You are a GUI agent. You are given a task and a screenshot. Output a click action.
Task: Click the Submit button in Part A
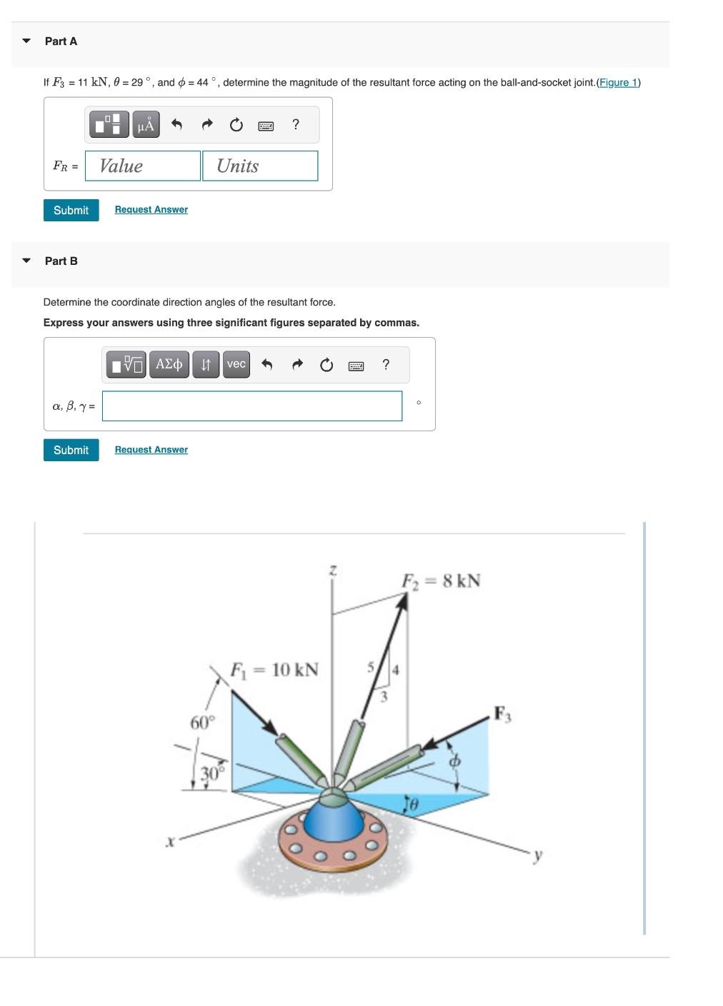(x=71, y=210)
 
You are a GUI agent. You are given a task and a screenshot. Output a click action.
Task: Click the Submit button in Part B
(x=71, y=450)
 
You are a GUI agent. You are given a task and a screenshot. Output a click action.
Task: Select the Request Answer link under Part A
(x=151, y=209)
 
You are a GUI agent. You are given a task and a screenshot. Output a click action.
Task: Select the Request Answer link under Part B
(x=151, y=449)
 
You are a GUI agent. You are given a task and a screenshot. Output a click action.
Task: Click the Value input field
(x=143, y=166)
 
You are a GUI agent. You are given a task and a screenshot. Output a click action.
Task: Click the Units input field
(x=260, y=166)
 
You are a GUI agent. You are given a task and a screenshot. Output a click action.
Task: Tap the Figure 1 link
(x=618, y=82)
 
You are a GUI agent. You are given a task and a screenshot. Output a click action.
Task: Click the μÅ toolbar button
(x=146, y=125)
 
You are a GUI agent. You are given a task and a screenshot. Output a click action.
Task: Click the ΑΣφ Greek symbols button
(x=169, y=364)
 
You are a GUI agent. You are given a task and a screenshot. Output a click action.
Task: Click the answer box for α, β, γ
(x=251, y=406)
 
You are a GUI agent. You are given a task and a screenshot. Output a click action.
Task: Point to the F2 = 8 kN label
(x=441, y=580)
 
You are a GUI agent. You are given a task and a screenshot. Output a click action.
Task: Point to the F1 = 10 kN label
(x=274, y=669)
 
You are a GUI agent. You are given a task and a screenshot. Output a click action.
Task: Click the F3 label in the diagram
(x=502, y=713)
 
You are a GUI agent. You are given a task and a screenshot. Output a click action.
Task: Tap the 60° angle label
(x=201, y=722)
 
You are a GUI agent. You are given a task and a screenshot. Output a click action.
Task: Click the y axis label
(x=538, y=855)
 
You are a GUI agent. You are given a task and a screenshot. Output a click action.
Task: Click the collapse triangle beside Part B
(x=26, y=261)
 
